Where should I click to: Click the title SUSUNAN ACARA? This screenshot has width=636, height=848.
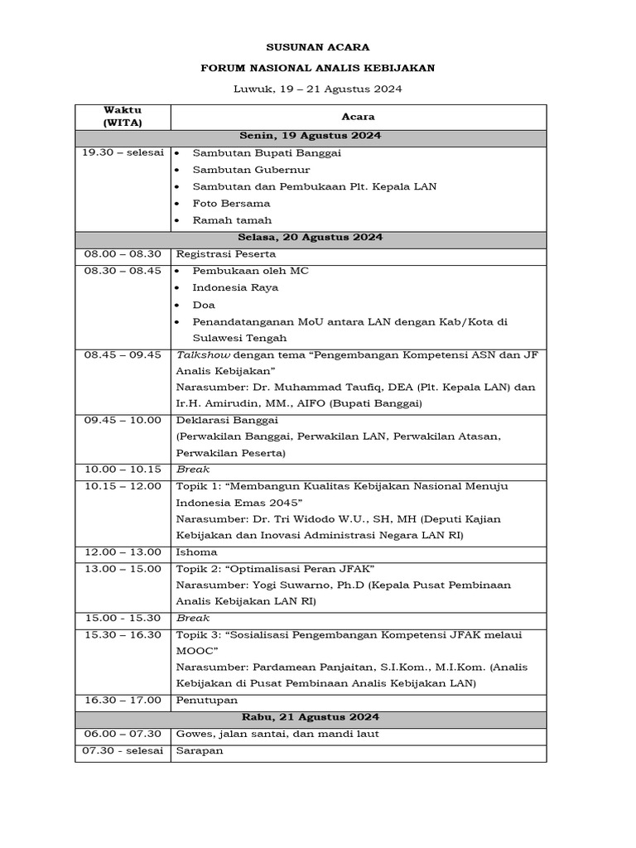pyautogui.click(x=318, y=47)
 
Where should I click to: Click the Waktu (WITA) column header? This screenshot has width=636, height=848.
pyautogui.click(x=123, y=117)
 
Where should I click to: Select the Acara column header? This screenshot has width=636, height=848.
pyautogui.click(x=358, y=118)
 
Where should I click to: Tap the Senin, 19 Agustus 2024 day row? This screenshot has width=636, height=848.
pyautogui.click(x=310, y=136)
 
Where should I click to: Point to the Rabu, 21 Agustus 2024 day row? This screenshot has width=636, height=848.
pyautogui.click(x=310, y=717)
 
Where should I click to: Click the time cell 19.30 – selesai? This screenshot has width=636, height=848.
pyautogui.click(x=123, y=153)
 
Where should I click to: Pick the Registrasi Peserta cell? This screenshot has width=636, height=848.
pyautogui.click(x=225, y=254)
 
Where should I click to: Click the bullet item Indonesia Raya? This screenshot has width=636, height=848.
pyautogui.click(x=235, y=288)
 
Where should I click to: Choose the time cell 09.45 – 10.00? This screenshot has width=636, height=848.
pyautogui.click(x=123, y=420)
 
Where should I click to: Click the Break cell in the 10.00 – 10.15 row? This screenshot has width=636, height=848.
pyautogui.click(x=193, y=470)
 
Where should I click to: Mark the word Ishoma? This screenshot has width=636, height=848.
pyautogui.click(x=197, y=552)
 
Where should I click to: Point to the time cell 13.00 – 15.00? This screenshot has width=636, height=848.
pyautogui.click(x=123, y=569)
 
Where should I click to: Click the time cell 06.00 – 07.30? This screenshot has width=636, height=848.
pyautogui.click(x=123, y=734)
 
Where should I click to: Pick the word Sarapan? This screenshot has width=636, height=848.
pyautogui.click(x=200, y=750)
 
